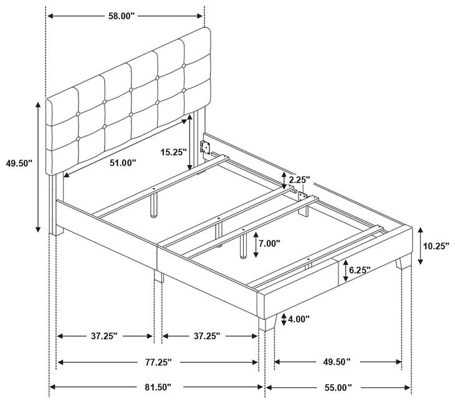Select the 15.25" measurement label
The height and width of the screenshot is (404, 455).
coord(173,152)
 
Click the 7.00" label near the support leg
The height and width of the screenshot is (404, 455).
coord(270,243)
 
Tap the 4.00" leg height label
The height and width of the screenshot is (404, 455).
coord(299,320)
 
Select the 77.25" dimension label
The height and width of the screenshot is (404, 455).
coord(158,362)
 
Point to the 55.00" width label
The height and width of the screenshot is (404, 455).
coord(338,387)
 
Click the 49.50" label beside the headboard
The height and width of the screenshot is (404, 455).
coord(19,163)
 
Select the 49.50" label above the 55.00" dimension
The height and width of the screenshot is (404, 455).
coord(337,362)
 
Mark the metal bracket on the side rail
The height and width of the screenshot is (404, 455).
coord(204,148)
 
